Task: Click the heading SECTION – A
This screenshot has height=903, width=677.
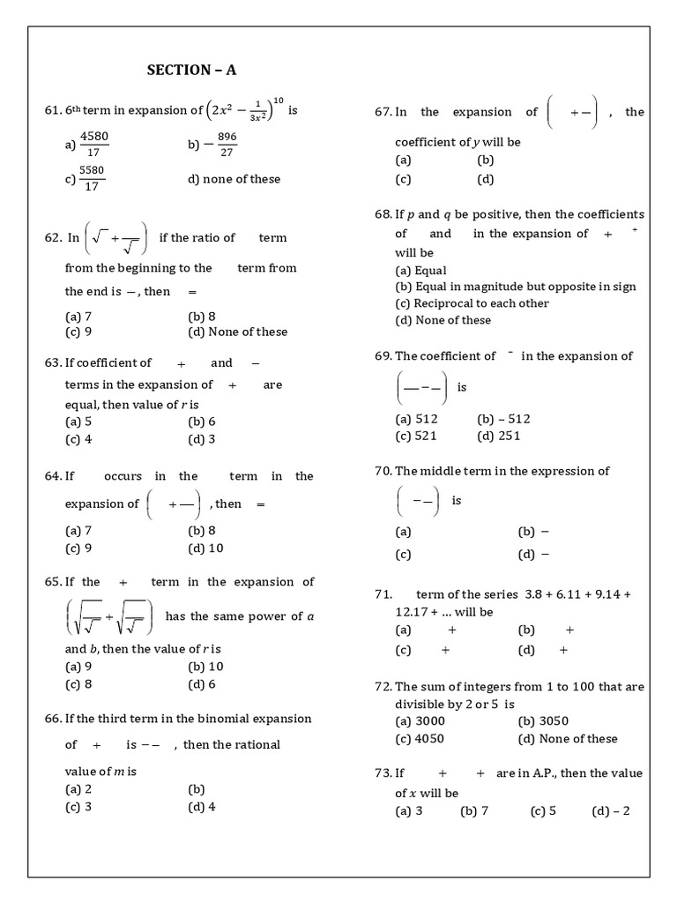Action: [191, 71]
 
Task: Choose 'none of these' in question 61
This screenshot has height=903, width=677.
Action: [234, 179]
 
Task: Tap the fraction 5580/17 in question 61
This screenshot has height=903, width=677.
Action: [93, 179]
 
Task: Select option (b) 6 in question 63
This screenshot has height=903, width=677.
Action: [202, 422]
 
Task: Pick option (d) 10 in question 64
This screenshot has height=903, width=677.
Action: [205, 548]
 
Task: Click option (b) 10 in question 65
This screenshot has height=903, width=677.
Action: [205, 667]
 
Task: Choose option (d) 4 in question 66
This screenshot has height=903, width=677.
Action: [202, 806]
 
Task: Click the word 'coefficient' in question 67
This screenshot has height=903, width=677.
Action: [429, 142]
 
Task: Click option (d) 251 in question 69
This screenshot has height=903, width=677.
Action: [498, 436]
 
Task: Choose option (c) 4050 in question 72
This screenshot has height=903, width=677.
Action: [419, 739]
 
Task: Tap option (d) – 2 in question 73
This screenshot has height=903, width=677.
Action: [610, 811]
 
